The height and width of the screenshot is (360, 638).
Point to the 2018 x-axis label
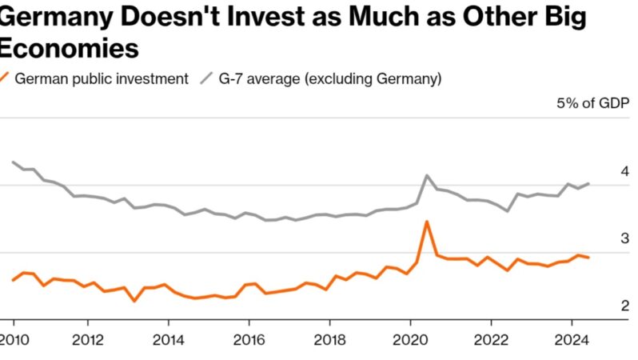point(329,338)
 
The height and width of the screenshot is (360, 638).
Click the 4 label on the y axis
point(624,172)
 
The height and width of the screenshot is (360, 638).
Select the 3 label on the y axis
point(624,238)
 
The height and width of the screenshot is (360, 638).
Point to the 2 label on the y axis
point(624,305)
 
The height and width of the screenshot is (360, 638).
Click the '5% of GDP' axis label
point(593,105)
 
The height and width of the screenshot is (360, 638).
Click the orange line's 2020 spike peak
point(428,222)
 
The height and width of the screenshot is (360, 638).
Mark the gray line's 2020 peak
point(428,175)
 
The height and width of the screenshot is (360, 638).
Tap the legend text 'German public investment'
point(102,78)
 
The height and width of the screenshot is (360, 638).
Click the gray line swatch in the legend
point(205,78)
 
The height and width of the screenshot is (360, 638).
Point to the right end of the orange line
point(589,258)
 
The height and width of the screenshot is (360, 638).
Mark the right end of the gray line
point(589,183)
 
